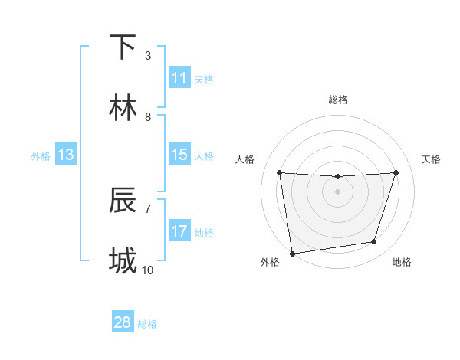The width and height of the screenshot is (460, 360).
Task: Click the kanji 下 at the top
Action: coord(123,47)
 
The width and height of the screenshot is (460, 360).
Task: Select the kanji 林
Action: coord(123,108)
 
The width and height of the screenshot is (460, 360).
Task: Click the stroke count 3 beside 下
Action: coord(148,55)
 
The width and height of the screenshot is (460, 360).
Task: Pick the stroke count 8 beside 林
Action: coord(148,116)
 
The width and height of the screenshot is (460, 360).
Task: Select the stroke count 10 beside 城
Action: coord(148,270)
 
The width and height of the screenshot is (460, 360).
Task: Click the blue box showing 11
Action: coord(179,78)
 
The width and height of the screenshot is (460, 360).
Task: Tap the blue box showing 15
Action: coord(179,155)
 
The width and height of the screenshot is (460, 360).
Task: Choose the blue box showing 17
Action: coord(179,231)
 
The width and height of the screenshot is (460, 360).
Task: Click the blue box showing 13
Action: coord(66,155)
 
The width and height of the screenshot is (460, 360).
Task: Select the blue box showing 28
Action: coord(123,322)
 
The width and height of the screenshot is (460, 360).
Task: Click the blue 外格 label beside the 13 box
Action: coord(41,155)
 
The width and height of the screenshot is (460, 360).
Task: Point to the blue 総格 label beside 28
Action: coord(147,324)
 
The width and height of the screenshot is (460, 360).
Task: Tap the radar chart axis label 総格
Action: coord(338,100)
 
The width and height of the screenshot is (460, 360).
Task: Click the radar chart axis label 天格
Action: coord(432,159)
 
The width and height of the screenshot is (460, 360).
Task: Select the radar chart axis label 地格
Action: coord(402,263)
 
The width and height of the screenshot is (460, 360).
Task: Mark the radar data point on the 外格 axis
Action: coord(292,253)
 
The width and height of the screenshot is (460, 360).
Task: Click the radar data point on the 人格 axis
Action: coord(279,172)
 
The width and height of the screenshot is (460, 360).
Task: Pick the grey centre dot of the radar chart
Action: coord(337,191)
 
